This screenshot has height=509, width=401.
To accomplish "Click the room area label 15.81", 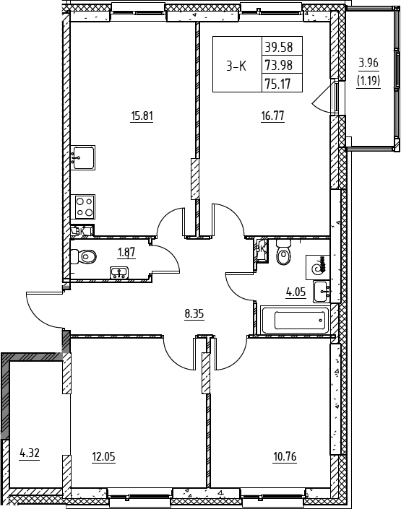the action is tap(142, 116).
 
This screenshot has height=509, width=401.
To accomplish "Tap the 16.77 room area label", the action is tap(272, 116).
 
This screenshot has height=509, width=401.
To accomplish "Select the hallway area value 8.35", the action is tap(194, 314).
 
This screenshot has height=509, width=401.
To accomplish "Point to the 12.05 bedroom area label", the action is tap(103, 457).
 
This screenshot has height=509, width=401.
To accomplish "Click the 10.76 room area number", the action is tap(285, 457).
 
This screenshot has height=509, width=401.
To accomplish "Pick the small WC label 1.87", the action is tap(126, 252).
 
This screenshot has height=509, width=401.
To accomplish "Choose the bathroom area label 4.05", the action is tap(296, 292).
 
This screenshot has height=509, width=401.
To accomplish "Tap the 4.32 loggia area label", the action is tap(30, 453).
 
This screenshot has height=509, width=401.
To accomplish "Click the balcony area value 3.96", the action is tap(368, 63).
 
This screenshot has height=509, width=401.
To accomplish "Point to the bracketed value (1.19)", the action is tap(368, 80).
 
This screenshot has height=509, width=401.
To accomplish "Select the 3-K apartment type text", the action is tap(236, 66).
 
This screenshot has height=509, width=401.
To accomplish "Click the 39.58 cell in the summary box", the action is tap(279, 48).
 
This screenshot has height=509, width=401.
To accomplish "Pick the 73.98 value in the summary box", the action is tap(279, 66).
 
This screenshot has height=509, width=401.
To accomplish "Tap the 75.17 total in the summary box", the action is tap(278, 84).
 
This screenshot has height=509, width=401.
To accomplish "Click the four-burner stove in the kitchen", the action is tap(85, 206).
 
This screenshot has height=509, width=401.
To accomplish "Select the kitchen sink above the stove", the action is tap(84, 157).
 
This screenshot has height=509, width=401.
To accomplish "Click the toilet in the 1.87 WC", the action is tap(83, 256).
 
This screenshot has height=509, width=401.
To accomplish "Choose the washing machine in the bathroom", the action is tap(318, 267).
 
